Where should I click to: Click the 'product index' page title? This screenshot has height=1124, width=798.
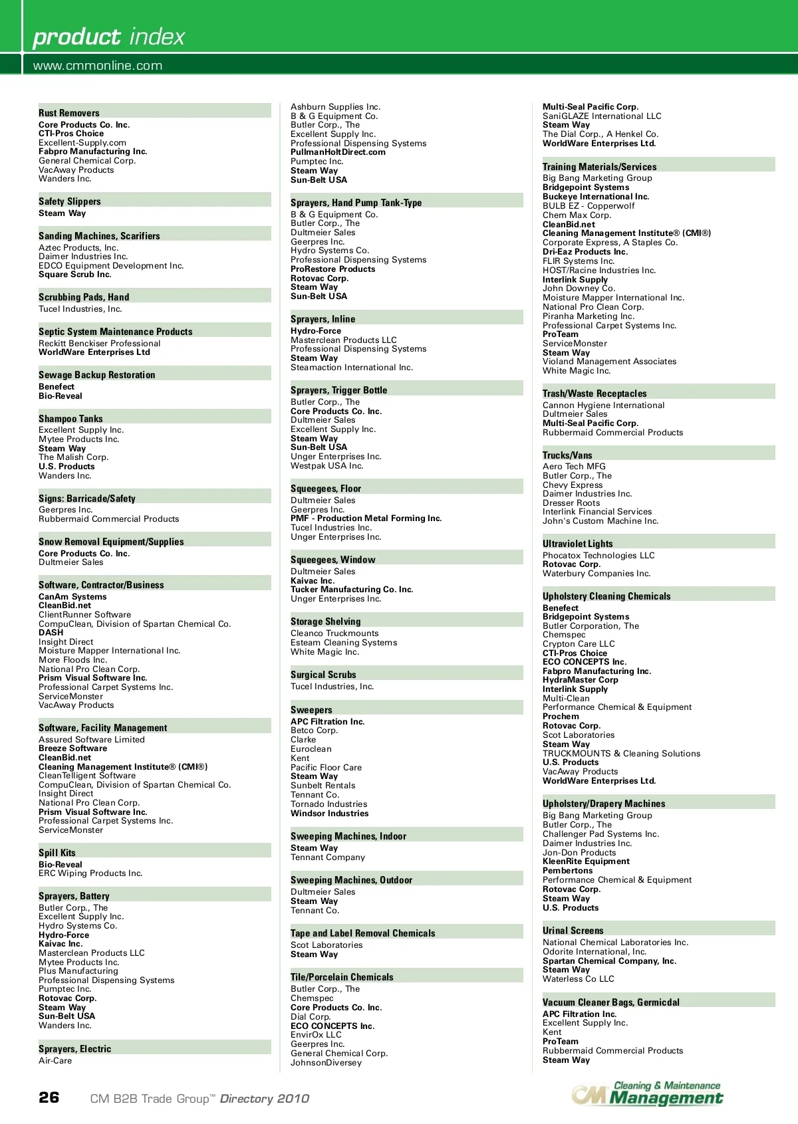(108, 37)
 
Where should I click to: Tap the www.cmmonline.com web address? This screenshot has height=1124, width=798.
(98, 66)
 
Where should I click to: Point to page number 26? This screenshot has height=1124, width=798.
(49, 1097)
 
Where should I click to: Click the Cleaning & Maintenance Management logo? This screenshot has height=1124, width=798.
(647, 1093)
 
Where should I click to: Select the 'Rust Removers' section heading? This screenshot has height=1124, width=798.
(69, 113)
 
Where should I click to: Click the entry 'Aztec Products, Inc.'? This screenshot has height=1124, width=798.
(78, 247)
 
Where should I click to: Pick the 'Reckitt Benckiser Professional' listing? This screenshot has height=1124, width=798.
(99, 344)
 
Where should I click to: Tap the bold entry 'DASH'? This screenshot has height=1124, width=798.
(51, 633)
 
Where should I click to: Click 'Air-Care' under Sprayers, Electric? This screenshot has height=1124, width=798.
(55, 1061)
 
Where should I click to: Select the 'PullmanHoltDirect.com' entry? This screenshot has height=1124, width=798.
(338, 152)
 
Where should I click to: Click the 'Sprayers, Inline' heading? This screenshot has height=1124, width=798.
(323, 319)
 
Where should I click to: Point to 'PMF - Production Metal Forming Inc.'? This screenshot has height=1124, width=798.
(366, 518)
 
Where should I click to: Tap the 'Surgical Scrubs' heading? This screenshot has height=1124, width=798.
(323, 675)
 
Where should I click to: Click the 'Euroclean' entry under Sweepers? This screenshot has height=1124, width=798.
(311, 749)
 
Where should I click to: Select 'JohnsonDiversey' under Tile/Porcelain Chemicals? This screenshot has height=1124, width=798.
(326, 1063)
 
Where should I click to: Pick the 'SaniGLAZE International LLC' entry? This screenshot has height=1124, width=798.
(602, 116)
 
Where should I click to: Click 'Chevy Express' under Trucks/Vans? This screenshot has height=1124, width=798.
(573, 485)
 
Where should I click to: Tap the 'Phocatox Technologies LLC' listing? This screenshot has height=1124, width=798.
(598, 556)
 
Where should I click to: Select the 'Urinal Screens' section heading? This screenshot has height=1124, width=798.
(573, 931)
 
